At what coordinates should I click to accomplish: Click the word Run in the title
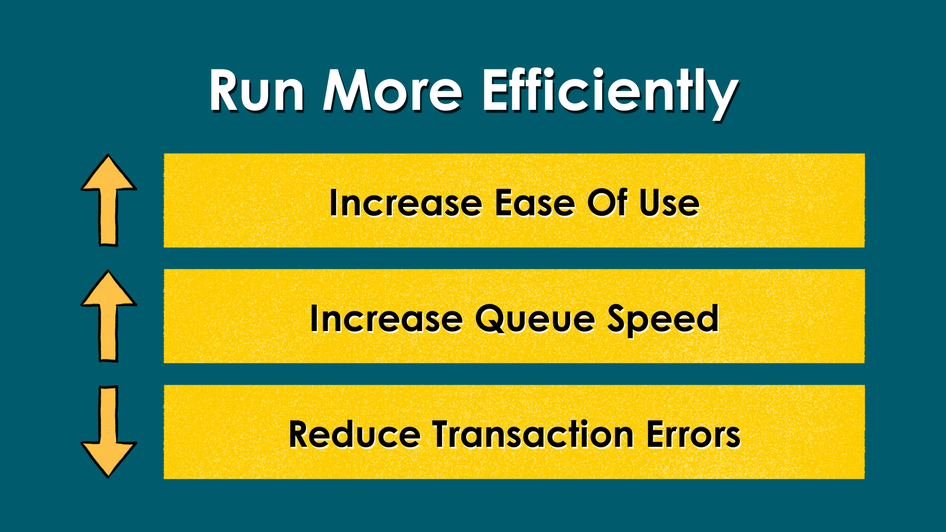(257, 91)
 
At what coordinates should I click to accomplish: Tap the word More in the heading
(393, 91)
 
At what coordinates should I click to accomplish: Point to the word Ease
(535, 203)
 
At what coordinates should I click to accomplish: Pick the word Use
(669, 203)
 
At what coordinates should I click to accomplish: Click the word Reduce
(354, 434)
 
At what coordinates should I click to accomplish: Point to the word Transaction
(533, 434)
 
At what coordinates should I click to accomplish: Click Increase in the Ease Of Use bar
(405, 203)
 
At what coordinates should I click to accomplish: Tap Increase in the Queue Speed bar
(386, 319)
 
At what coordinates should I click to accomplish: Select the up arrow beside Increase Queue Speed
(108, 316)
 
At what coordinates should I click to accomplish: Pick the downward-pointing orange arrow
(108, 432)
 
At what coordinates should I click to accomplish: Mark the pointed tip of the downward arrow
(108, 477)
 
